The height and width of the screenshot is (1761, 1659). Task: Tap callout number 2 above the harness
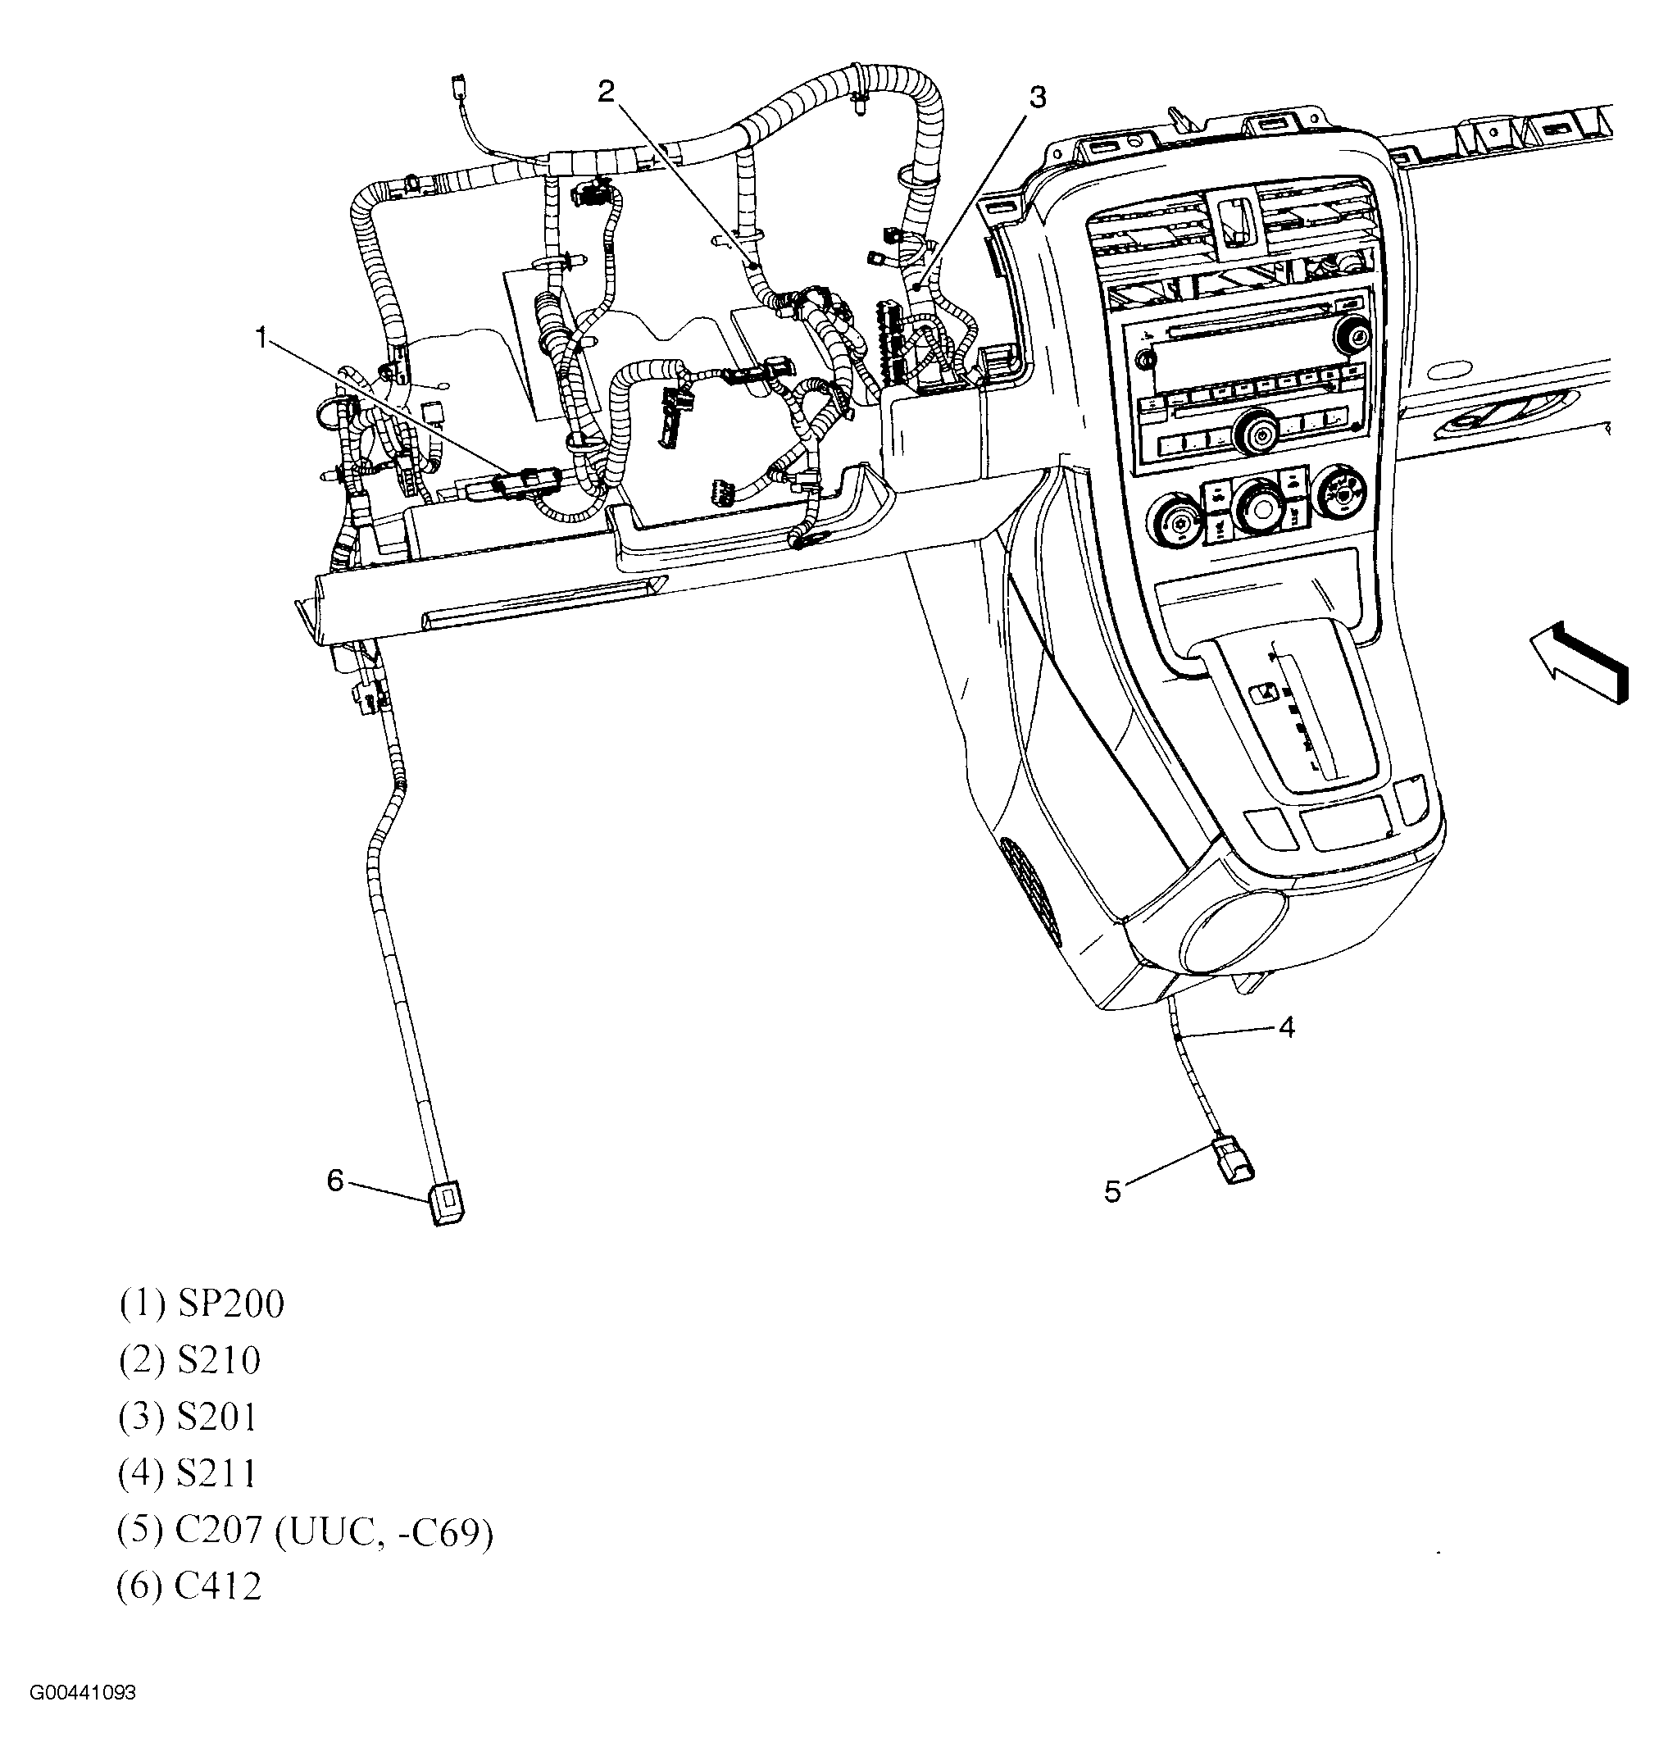point(606,91)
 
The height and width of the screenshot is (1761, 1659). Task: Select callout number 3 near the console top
point(1037,97)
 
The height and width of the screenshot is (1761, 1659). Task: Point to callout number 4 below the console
point(1286,1027)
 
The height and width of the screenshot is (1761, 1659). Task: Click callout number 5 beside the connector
point(1112,1191)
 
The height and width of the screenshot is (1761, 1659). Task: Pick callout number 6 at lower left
point(334,1180)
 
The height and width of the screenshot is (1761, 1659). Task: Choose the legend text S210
point(219,1361)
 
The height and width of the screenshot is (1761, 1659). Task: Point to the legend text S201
point(217,1417)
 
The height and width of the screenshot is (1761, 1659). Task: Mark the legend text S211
point(217,1473)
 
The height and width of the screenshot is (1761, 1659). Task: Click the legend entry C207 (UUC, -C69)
point(333,1531)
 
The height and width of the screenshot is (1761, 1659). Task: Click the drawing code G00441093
point(84,1693)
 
